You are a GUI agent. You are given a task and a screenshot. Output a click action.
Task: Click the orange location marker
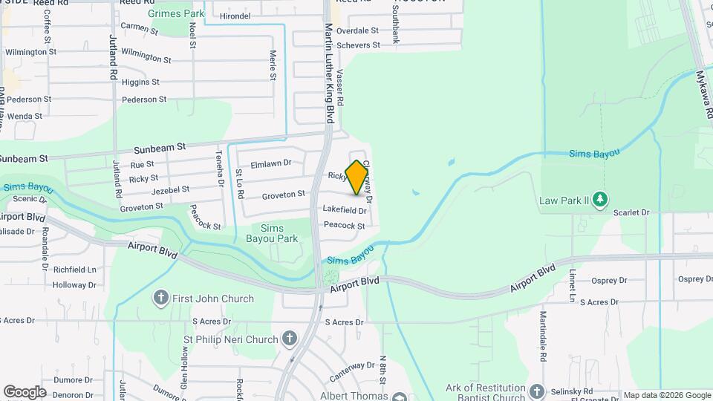(357, 177)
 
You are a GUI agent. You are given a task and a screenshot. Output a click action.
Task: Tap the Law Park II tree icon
(601, 199)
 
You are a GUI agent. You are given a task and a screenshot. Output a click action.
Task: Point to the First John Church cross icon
(160, 299)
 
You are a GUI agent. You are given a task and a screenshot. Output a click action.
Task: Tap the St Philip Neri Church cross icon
(290, 339)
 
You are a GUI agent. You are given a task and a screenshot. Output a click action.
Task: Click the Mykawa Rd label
(703, 95)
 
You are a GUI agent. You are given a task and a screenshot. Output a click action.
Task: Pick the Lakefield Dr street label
(345, 210)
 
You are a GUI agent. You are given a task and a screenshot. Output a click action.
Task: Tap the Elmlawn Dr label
(272, 163)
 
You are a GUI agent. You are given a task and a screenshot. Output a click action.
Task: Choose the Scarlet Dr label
(632, 212)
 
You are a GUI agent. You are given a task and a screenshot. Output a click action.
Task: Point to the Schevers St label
(358, 45)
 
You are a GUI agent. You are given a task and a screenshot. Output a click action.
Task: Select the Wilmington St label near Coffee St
(30, 52)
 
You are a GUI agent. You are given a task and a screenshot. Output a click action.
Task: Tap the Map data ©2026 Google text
(667, 395)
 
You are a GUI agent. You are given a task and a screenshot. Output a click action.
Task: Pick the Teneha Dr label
(220, 171)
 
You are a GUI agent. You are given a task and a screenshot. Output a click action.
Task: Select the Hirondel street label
(235, 16)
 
